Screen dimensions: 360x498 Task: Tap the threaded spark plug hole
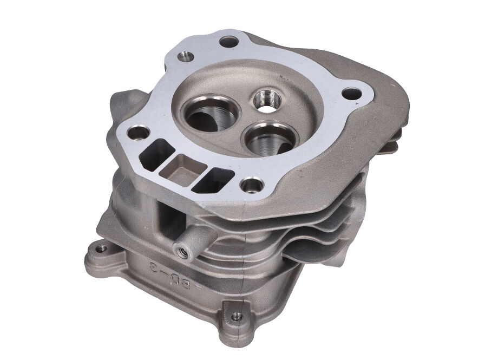[266, 101]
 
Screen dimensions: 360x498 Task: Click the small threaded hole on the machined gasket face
[186, 56]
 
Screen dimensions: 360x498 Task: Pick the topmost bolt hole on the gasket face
[229, 41]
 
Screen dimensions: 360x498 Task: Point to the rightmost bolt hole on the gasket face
[351, 94]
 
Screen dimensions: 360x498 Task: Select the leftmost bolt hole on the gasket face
[139, 132]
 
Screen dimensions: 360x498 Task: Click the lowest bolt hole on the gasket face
[252, 186]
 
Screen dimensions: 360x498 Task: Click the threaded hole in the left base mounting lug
[101, 248]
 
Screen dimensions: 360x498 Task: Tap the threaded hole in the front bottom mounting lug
[236, 317]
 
